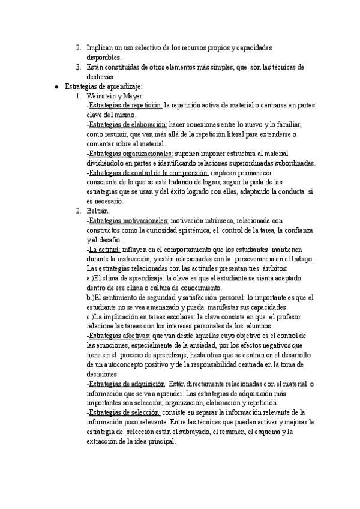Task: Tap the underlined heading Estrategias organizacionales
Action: [130, 154]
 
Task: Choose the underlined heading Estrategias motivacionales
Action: [129, 221]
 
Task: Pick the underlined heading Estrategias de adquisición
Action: [127, 384]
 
